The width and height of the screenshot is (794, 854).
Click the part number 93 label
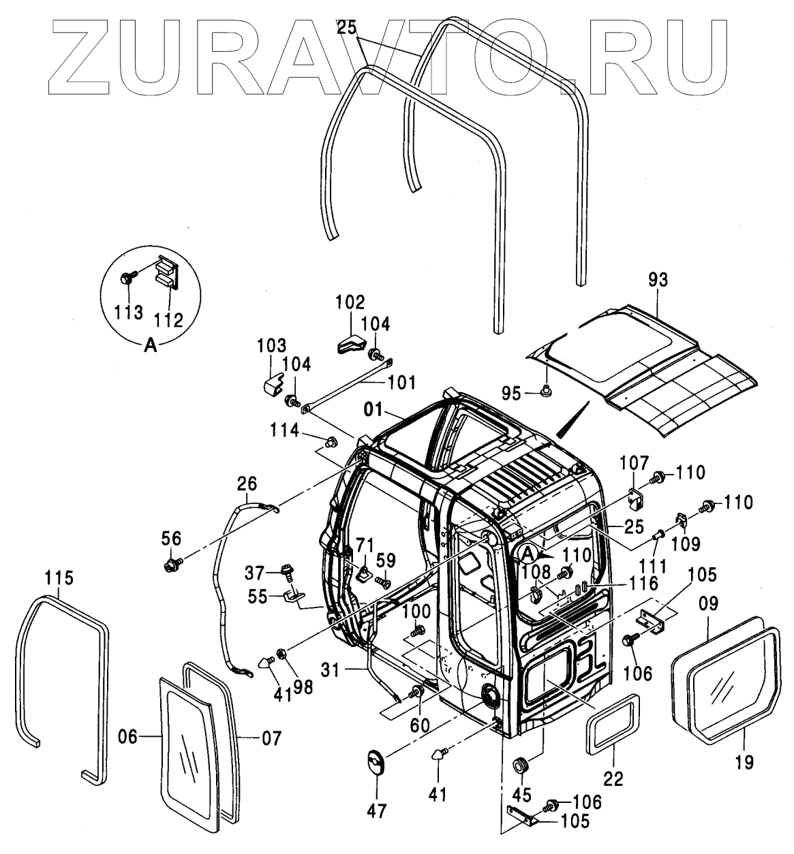pyautogui.click(x=658, y=279)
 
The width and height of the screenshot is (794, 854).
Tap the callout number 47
pyautogui.click(x=376, y=810)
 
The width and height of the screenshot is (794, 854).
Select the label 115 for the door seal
pyautogui.click(x=58, y=578)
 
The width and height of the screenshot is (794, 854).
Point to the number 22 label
pyautogui.click(x=614, y=777)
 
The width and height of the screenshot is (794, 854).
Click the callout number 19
pyautogui.click(x=745, y=762)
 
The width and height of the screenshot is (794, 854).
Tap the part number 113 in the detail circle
pyautogui.click(x=128, y=313)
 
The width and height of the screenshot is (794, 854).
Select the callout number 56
pyautogui.click(x=171, y=538)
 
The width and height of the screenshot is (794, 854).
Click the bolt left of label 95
pyautogui.click(x=547, y=391)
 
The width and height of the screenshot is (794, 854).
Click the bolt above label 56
pyautogui.click(x=170, y=564)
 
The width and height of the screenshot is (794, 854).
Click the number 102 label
pyautogui.click(x=350, y=302)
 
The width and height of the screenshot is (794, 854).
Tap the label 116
pyautogui.click(x=644, y=583)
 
